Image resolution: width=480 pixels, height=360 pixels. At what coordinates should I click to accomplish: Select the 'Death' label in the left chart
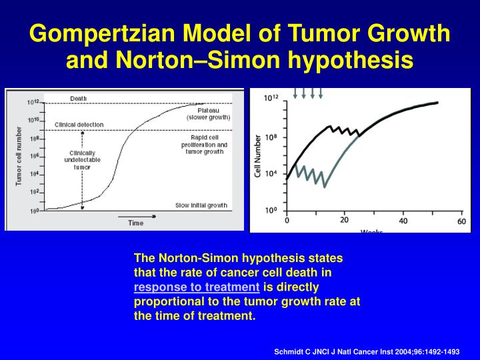click(x=78, y=99)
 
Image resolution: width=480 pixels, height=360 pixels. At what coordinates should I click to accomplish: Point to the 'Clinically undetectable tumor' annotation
click(x=81, y=161)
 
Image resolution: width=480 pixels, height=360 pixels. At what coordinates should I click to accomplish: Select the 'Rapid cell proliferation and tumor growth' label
click(x=204, y=144)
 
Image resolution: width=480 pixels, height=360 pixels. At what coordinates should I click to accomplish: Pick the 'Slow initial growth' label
click(x=201, y=205)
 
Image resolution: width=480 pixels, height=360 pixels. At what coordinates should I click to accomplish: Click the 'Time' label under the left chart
click(x=135, y=223)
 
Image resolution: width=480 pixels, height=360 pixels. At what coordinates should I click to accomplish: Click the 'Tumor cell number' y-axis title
click(x=19, y=155)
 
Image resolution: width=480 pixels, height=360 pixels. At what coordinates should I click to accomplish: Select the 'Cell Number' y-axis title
click(x=259, y=157)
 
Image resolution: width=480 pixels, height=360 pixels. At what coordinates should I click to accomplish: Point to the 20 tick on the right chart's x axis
click(x=345, y=220)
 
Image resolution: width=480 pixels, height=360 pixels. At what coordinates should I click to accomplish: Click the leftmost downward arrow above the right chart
click(x=295, y=93)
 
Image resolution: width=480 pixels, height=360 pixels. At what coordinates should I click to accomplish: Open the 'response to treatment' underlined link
click(x=196, y=287)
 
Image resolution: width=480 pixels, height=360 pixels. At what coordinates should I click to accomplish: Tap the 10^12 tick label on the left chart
click(x=33, y=103)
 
